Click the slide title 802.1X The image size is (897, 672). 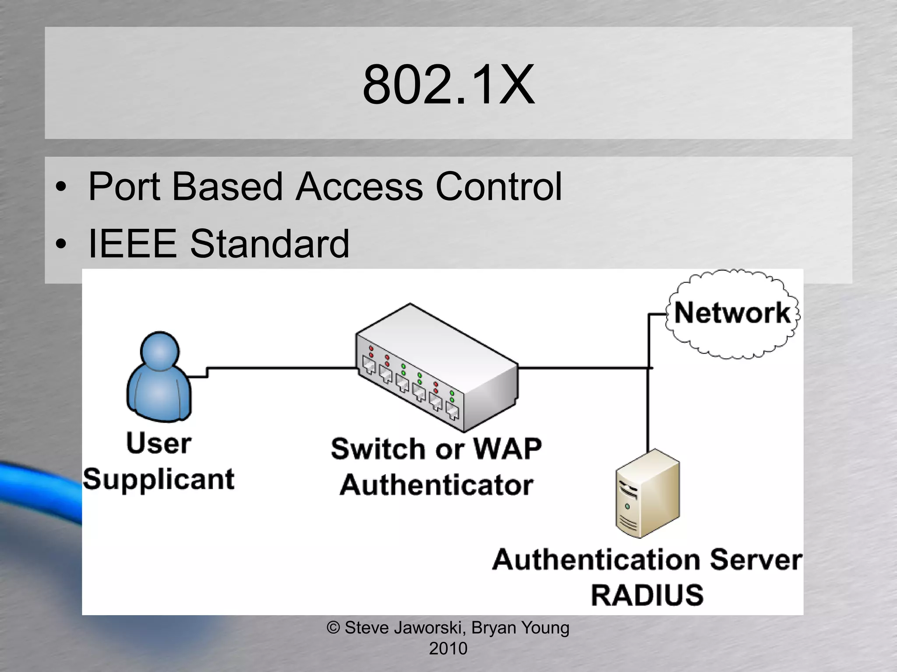[x=448, y=84]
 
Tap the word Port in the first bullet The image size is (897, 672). [x=124, y=187]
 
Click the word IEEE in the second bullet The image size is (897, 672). [x=132, y=243]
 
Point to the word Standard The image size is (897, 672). [x=269, y=243]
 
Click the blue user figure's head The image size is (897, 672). [x=160, y=351]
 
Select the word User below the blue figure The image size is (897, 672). [x=159, y=443]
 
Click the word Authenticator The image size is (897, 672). [x=436, y=485]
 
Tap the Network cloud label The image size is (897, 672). [x=732, y=313]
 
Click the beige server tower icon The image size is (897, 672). [x=647, y=493]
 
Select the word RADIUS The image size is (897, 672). [x=647, y=595]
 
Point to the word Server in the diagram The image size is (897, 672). [x=756, y=560]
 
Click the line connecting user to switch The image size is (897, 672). [x=280, y=368]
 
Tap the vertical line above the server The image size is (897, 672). [x=648, y=407]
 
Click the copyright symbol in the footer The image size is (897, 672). [x=333, y=628]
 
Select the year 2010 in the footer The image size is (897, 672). [x=448, y=648]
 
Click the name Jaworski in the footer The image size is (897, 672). [x=429, y=628]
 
